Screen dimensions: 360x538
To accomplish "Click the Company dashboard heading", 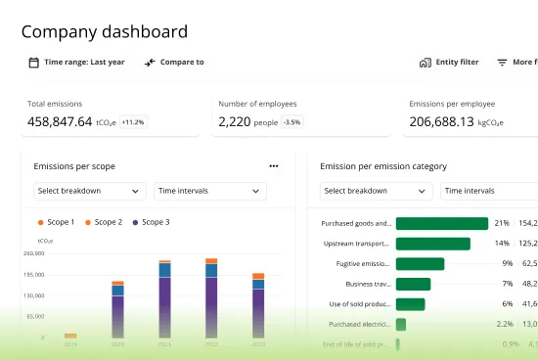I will [x=105, y=31].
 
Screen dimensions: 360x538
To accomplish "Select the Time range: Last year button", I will [x=76, y=63].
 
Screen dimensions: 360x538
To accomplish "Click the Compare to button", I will [x=174, y=63].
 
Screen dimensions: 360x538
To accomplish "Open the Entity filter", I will [x=449, y=63].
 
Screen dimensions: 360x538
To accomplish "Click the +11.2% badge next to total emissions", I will [x=133, y=122].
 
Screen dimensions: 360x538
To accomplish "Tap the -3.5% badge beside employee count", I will [x=291, y=122].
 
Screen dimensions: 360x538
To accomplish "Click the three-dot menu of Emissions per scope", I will [x=274, y=166].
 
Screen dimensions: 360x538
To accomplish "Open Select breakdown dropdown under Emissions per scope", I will [x=89, y=191].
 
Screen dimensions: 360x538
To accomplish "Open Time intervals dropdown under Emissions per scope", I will [x=209, y=191].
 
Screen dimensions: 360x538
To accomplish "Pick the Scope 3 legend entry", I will [x=151, y=222].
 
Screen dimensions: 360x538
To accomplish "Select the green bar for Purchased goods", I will [x=441, y=223].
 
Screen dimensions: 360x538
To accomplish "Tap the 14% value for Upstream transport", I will [x=501, y=244].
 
